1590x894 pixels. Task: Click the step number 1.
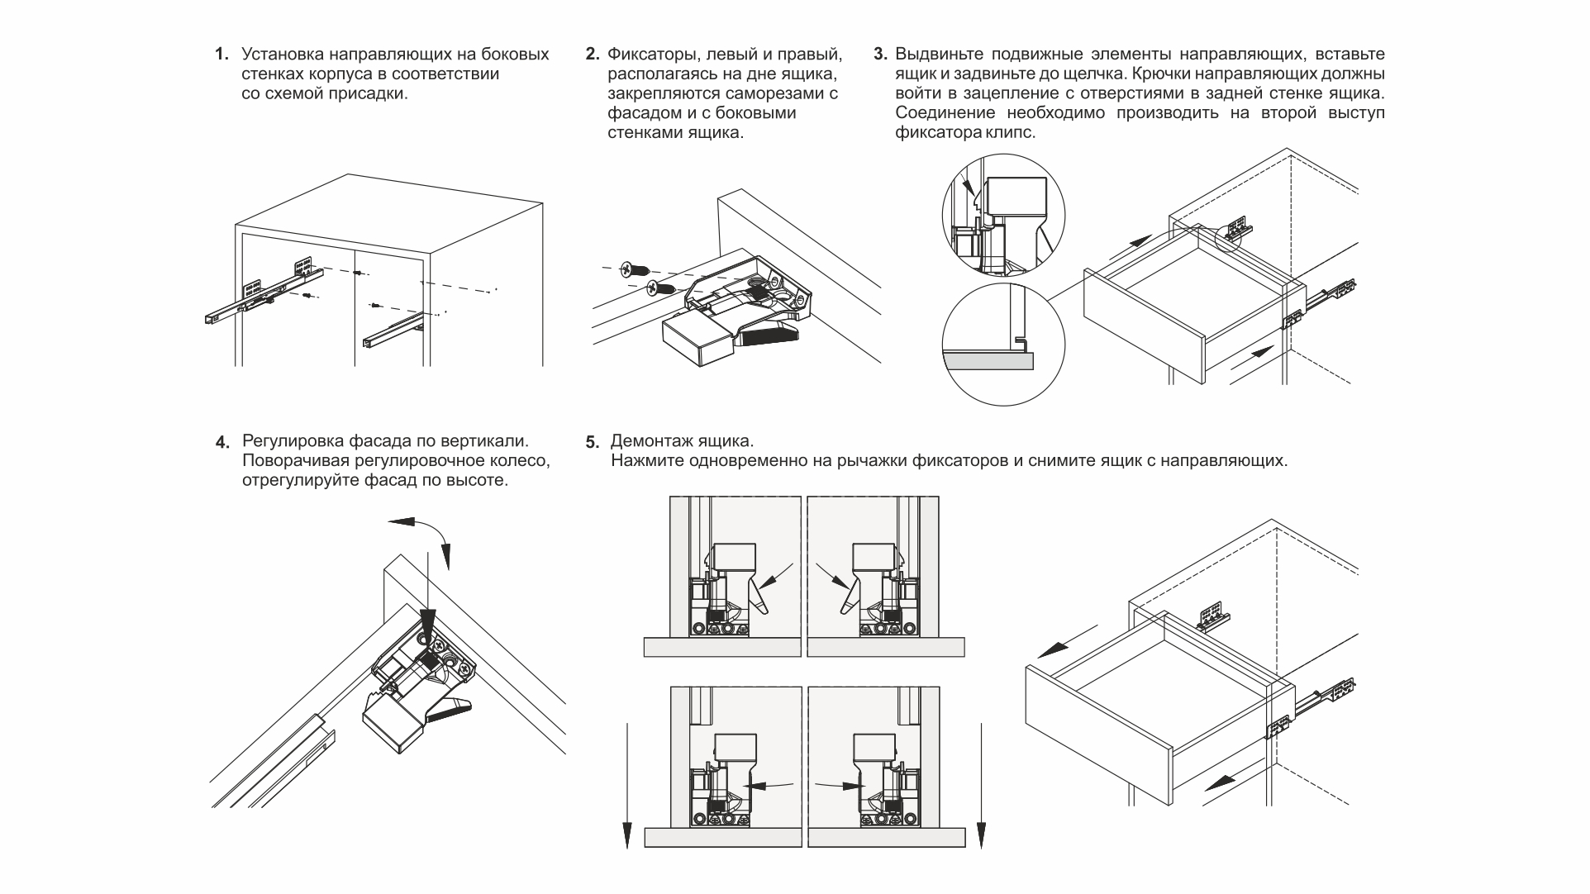point(221,55)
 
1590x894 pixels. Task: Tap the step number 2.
point(591,55)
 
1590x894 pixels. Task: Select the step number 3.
point(879,55)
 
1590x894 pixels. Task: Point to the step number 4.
point(221,442)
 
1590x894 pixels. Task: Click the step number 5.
point(592,442)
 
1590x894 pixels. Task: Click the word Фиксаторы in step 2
point(645,55)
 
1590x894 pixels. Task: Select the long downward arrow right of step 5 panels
point(981,785)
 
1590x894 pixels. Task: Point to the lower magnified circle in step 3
point(1003,342)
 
